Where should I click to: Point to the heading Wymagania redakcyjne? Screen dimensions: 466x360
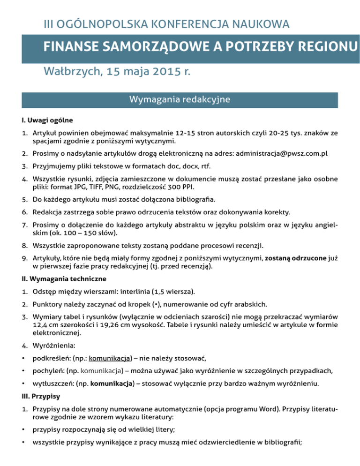[x=180, y=100]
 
